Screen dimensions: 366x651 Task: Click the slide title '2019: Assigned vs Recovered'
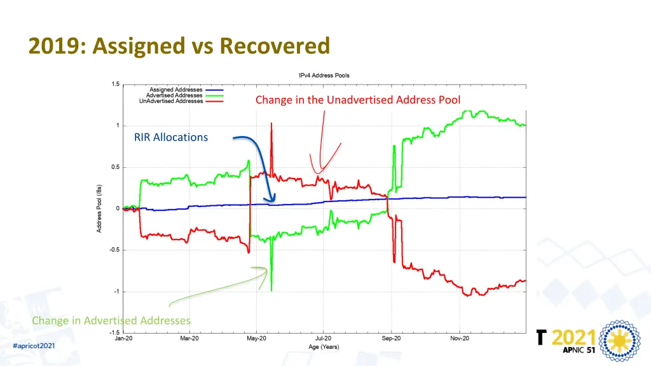click(x=179, y=46)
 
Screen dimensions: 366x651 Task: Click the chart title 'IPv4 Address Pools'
click(x=324, y=75)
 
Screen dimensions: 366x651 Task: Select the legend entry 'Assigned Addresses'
click(x=177, y=90)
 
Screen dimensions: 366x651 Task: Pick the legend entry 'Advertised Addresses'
click(x=175, y=95)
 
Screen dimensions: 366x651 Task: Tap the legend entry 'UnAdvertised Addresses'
click(x=172, y=101)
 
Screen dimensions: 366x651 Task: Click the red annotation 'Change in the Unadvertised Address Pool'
click(x=358, y=100)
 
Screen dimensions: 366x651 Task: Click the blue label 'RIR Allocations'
click(x=171, y=137)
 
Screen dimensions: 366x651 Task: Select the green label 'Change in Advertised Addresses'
click(x=111, y=320)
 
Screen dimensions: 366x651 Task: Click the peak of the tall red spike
click(x=271, y=123)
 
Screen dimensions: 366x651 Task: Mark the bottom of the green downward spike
click(x=271, y=290)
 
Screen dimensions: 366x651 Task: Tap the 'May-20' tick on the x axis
click(x=257, y=339)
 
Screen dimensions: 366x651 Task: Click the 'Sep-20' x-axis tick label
click(x=392, y=339)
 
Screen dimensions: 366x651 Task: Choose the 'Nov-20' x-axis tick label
click(x=459, y=339)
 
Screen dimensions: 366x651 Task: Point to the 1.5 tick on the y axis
click(x=115, y=84)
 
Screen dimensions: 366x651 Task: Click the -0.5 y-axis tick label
click(x=114, y=250)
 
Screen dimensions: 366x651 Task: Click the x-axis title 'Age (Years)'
click(x=324, y=346)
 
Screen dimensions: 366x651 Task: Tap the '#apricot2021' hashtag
click(x=34, y=345)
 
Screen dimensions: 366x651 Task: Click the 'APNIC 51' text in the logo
click(x=572, y=350)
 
